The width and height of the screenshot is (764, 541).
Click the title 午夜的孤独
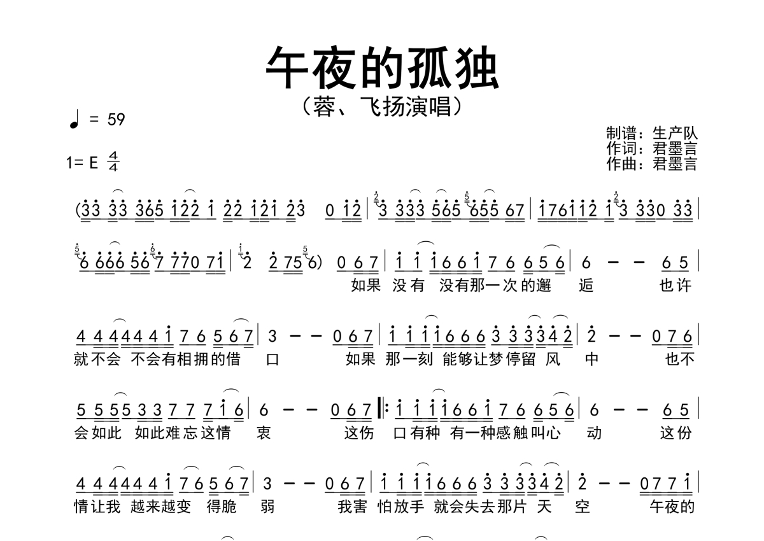(382, 67)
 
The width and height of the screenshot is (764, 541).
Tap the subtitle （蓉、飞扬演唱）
(382, 107)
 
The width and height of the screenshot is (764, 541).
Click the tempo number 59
(116, 120)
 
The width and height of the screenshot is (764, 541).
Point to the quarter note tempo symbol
(74, 119)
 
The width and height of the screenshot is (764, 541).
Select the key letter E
(94, 162)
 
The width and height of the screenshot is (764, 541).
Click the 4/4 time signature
(113, 162)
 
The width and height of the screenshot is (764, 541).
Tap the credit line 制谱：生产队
(652, 133)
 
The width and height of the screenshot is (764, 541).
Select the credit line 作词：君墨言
(652, 148)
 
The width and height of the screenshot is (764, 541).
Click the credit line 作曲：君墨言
(652, 164)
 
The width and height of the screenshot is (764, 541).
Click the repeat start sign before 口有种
(383, 409)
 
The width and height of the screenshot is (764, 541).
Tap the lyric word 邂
(543, 285)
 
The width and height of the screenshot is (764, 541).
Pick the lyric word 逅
(586, 285)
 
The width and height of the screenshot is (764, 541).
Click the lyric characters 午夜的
(672, 507)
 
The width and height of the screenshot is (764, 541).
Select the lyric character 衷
(264, 433)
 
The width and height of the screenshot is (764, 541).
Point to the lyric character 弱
(267, 507)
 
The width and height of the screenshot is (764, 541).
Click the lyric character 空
(582, 507)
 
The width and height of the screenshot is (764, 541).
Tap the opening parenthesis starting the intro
(78, 210)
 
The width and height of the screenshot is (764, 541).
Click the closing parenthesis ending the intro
(320, 263)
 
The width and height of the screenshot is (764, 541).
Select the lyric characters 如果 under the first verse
(366, 285)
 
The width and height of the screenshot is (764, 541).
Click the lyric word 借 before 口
(233, 360)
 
